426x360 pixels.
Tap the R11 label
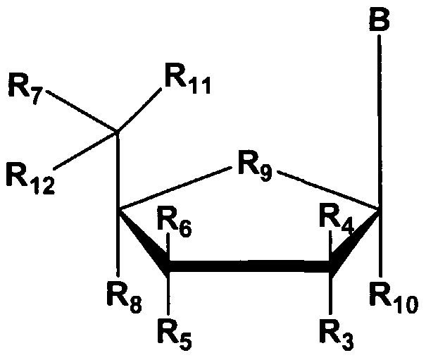(184, 80)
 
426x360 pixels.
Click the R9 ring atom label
(254, 169)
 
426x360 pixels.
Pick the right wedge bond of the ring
(356, 240)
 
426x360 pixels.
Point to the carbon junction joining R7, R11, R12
(117, 131)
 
